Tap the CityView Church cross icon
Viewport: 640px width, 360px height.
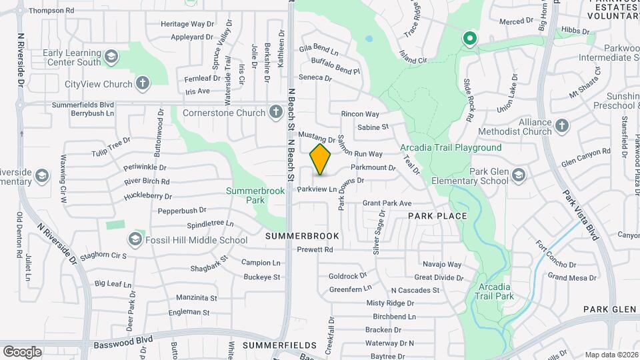click(142, 84)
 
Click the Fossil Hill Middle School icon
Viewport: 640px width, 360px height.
click(135, 240)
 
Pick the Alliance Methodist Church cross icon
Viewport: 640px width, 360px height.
click(562, 125)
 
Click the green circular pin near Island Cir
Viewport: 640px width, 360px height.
click(469, 39)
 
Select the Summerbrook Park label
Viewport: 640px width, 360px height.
click(255, 195)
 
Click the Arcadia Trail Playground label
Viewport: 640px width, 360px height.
click(451, 147)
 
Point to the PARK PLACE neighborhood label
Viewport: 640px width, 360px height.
click(437, 217)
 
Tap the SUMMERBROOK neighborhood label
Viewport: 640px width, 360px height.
click(302, 236)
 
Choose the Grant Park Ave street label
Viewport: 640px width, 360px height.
click(387, 203)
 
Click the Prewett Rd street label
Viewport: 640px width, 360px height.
click(315, 249)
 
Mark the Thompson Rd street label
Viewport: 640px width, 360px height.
click(51, 11)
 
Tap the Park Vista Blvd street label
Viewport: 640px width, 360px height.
click(579, 214)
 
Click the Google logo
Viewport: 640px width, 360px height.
click(22, 351)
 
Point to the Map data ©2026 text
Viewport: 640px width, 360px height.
click(610, 355)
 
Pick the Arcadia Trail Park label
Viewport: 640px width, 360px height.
click(495, 291)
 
